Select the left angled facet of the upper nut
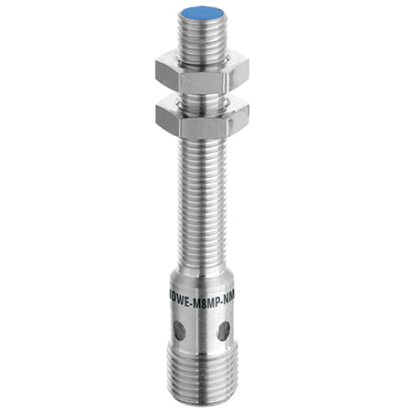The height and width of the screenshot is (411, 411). coord(165,73)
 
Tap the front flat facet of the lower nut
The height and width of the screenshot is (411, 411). coord(204,117)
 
